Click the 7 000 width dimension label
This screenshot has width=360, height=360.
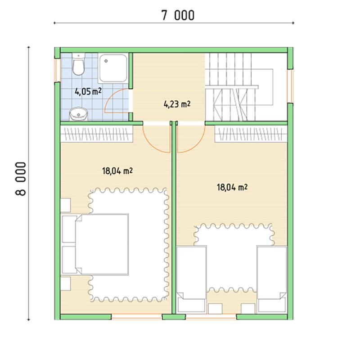[x=178, y=16]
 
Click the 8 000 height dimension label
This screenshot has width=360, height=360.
[x=21, y=179]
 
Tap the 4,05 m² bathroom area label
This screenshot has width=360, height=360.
[x=88, y=92]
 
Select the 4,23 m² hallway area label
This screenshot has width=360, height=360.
[x=177, y=104]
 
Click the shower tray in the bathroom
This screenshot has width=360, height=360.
[x=113, y=68]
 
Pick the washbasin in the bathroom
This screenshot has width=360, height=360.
[x=78, y=114]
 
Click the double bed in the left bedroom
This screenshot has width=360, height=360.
[x=94, y=244]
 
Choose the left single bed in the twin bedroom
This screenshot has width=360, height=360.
[x=192, y=279]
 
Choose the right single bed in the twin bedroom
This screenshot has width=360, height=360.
[x=272, y=279]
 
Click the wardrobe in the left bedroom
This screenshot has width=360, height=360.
[x=97, y=134]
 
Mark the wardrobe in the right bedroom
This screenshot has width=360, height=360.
[x=251, y=134]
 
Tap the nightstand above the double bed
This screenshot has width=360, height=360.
[x=66, y=205]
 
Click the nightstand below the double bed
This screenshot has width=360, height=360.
[x=66, y=283]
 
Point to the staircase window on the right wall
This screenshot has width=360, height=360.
[x=290, y=86]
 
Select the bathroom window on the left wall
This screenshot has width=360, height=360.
[x=57, y=70]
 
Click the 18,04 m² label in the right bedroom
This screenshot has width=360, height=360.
[x=232, y=187]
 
